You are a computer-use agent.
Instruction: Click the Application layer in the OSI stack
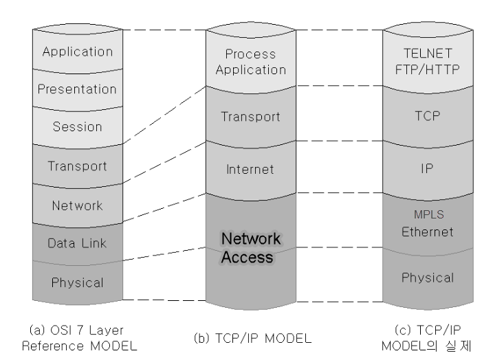[77, 51]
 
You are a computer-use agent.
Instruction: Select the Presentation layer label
[77, 89]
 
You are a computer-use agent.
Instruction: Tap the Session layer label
[77, 126]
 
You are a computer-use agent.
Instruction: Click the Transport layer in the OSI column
[77, 165]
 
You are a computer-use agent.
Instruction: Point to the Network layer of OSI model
[77, 205]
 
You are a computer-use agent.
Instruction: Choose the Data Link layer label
[77, 243]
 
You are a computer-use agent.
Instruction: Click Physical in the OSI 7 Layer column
[77, 282]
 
